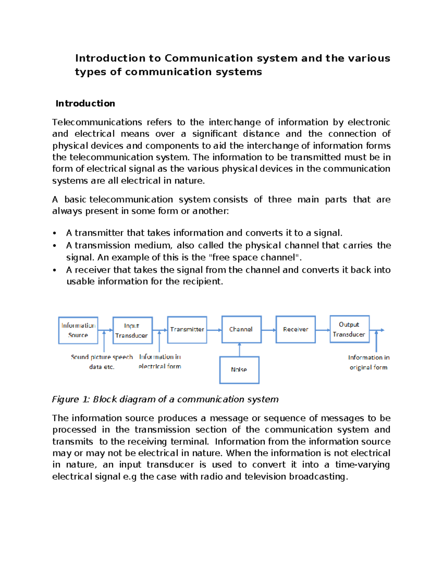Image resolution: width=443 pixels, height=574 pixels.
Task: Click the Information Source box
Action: (x=78, y=330)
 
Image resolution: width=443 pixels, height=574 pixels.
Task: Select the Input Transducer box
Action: (x=133, y=330)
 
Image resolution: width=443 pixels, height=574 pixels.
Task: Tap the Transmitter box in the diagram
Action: (x=187, y=329)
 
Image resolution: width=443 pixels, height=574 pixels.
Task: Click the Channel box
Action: (x=241, y=329)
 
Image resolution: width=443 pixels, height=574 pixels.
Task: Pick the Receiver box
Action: (x=295, y=329)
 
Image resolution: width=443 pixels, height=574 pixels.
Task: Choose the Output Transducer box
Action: (x=349, y=329)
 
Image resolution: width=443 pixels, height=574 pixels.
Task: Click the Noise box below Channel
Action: (x=239, y=370)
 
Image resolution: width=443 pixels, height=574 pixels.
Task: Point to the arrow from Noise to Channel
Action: (x=240, y=350)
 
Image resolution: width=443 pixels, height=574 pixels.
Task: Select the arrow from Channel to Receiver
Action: (x=269, y=330)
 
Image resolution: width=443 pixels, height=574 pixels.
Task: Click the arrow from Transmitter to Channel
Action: (x=214, y=330)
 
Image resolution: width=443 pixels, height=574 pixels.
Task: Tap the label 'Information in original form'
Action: (x=368, y=362)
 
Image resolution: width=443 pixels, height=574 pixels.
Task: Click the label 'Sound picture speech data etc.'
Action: (x=102, y=362)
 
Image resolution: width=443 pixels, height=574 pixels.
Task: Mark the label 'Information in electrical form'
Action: (x=160, y=361)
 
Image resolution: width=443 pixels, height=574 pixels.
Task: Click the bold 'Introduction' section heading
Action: (x=85, y=103)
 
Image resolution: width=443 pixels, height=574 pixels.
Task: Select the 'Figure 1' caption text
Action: (x=165, y=399)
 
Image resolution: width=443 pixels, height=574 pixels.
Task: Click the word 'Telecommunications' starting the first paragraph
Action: (x=97, y=122)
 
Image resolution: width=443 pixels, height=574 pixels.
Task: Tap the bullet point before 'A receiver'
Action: (x=55, y=270)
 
